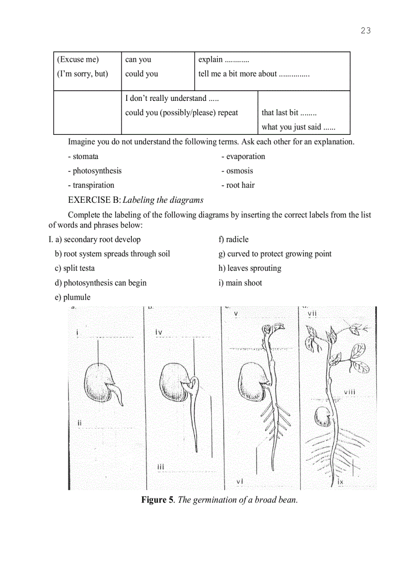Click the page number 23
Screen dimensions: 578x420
365,30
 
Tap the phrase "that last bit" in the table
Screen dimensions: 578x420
280,113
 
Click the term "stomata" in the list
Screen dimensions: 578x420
85,156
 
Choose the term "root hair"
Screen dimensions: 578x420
240,185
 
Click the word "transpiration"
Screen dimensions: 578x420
93,185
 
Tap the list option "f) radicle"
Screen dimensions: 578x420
234,239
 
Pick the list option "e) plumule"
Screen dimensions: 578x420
73,297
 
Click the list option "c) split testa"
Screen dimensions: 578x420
75,268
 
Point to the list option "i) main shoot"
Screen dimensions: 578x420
240,283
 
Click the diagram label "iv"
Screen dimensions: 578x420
159,332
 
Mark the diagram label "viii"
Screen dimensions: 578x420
349,392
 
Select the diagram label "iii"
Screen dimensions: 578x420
161,467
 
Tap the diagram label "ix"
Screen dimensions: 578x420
340,481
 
